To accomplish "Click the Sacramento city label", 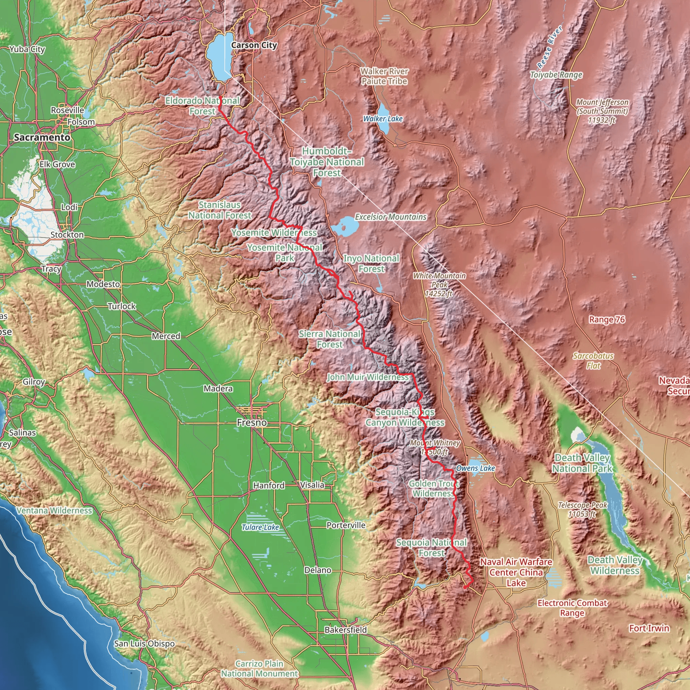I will (x=42, y=137).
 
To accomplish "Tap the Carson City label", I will (x=254, y=45).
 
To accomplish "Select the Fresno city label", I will (x=252, y=422).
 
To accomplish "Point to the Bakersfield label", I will (x=345, y=630).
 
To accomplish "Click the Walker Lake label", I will (x=382, y=119).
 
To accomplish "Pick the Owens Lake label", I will (x=475, y=468).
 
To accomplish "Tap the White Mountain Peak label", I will (x=439, y=285).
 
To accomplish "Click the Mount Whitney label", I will (x=435, y=447).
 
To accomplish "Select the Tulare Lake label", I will (x=260, y=528).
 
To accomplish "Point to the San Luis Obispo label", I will (x=144, y=644).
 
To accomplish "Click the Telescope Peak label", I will (x=582, y=509).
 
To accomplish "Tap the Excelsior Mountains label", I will (x=391, y=217).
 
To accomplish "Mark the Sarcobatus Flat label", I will (x=593, y=361).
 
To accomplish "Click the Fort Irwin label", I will (x=649, y=628).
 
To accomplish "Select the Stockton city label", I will (x=67, y=234).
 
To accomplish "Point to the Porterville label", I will (x=346, y=525).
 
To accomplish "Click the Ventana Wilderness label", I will (x=54, y=511).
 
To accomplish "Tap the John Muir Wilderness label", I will (x=368, y=377).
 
